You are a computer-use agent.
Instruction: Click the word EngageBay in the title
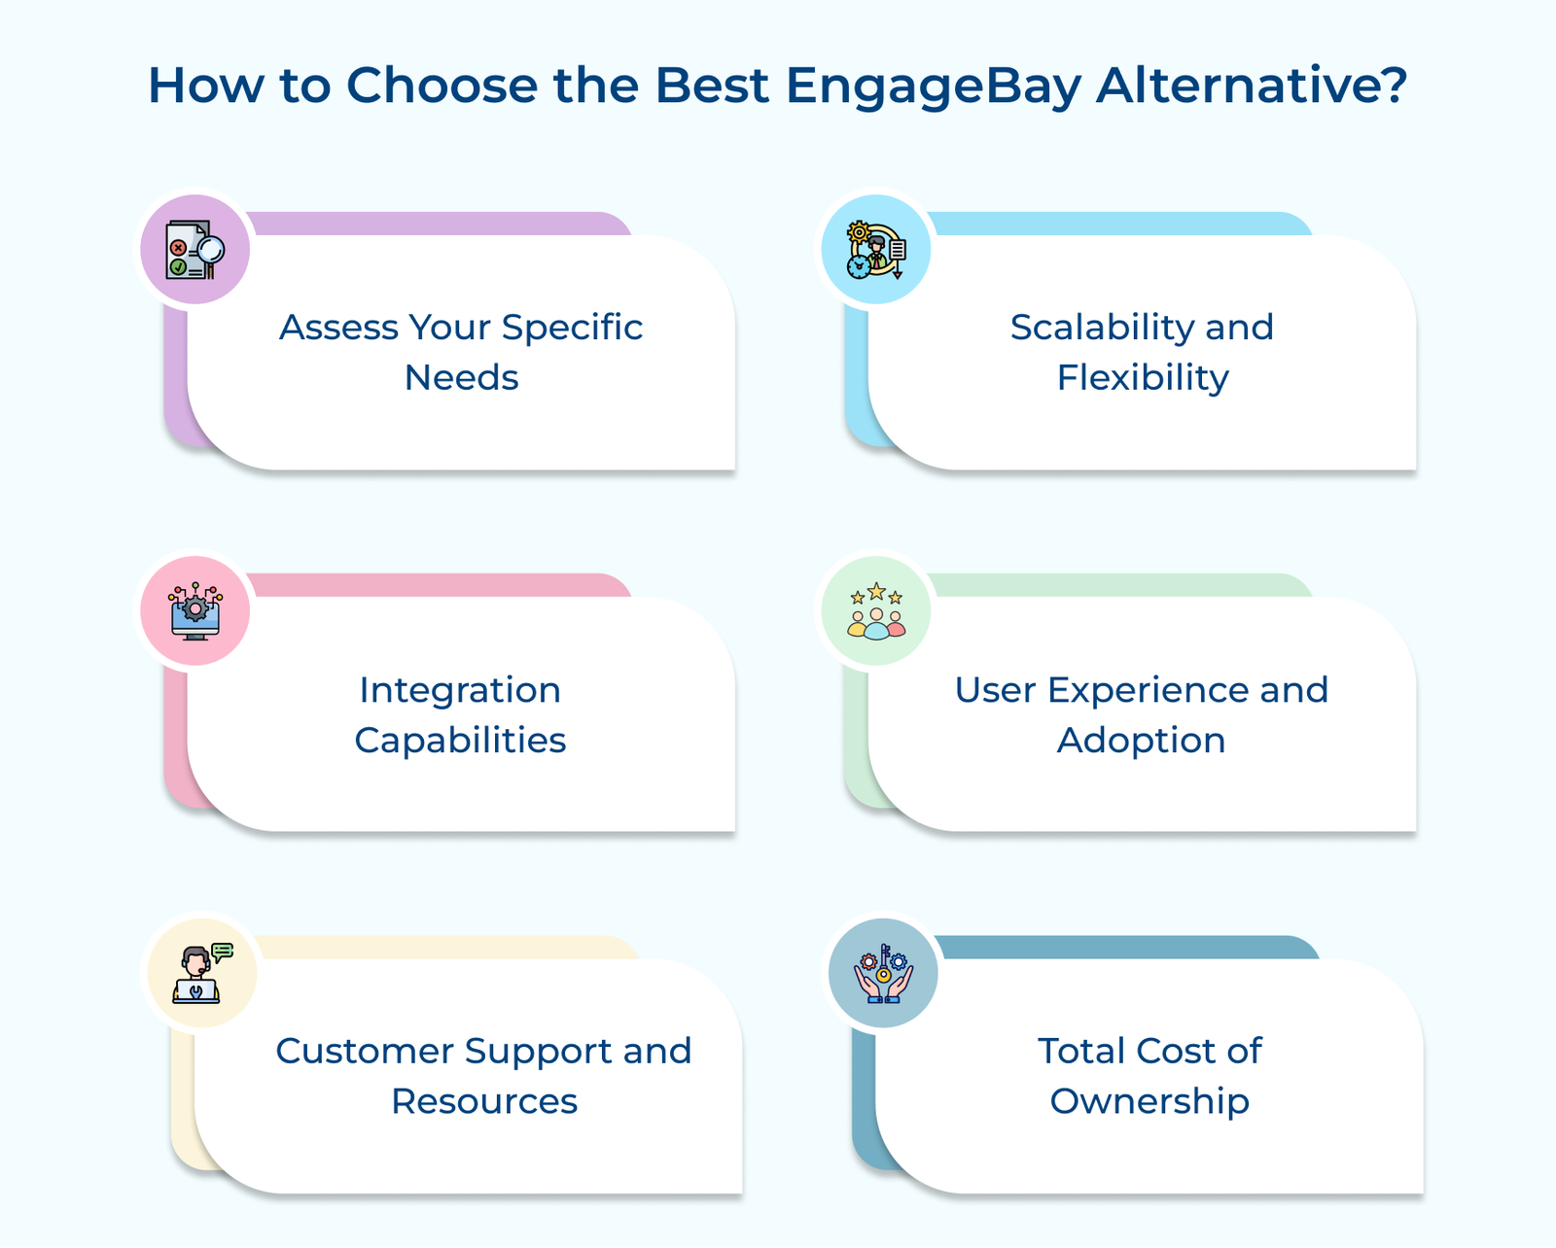[x=934, y=86]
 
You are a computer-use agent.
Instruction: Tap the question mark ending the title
[x=1392, y=84]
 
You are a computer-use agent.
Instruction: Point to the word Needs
[x=461, y=377]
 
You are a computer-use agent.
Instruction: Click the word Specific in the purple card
[x=572, y=329]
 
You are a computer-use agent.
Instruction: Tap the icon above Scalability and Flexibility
[x=875, y=250]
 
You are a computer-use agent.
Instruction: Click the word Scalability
[x=1101, y=329]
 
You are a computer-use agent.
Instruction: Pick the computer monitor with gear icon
[x=195, y=611]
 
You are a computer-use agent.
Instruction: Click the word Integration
[x=460, y=691]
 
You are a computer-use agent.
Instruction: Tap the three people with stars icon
[x=875, y=611]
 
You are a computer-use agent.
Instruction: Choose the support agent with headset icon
[x=202, y=973]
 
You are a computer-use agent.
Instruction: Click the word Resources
[x=483, y=1101]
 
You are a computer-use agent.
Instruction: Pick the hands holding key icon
[x=883, y=973]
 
